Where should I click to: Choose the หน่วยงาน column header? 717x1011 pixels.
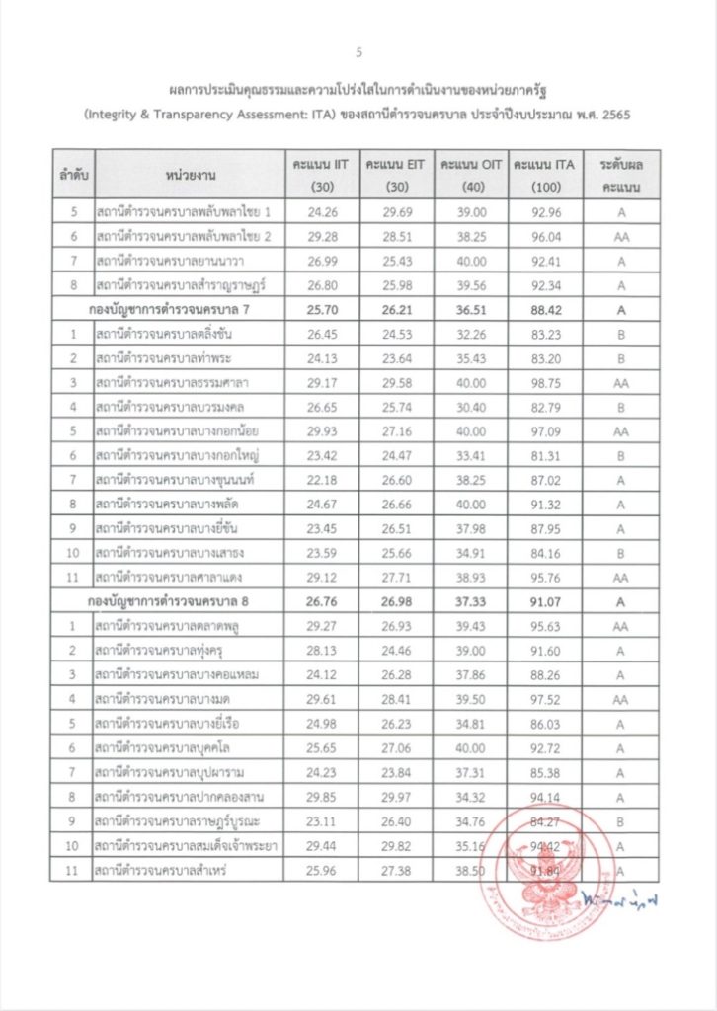coord(185,176)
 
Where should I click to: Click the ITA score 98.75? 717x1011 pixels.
coord(545,381)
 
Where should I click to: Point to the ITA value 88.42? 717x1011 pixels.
coord(545,309)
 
